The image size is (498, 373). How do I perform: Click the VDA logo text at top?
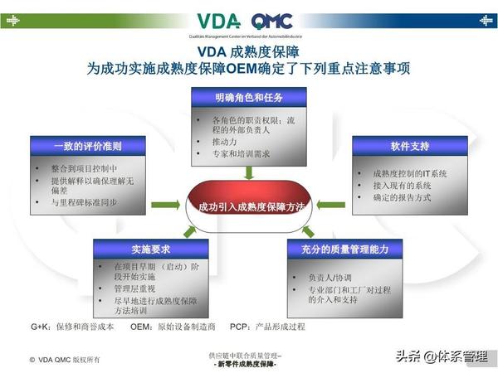[x=219, y=22]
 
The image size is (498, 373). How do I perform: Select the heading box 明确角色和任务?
[x=249, y=97]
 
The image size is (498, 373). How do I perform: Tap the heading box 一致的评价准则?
[x=88, y=146]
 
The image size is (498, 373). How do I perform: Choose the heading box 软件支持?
[x=410, y=146]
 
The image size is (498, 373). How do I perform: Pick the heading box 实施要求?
[x=149, y=247]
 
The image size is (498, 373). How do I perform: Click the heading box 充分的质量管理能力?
[x=345, y=247]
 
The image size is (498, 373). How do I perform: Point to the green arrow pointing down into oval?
[x=249, y=172]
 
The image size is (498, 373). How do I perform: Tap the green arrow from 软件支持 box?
[x=333, y=204]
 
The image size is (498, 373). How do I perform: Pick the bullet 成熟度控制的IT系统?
[x=410, y=173]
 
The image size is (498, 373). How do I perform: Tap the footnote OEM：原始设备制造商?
[x=173, y=327]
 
